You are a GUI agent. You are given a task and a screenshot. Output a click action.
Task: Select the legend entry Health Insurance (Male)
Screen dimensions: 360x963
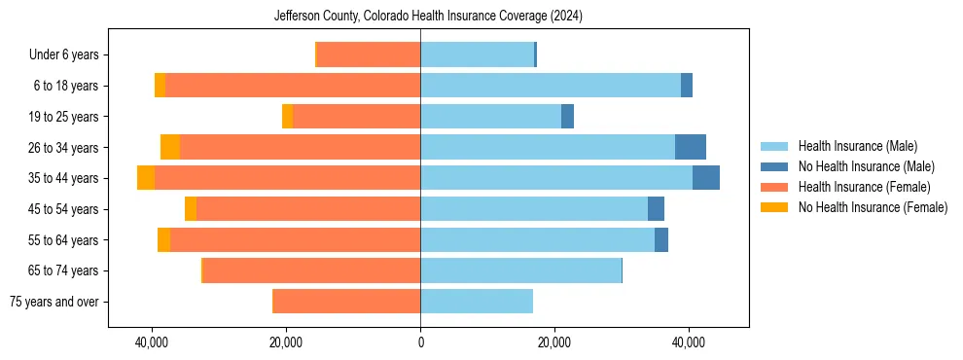(x=857, y=146)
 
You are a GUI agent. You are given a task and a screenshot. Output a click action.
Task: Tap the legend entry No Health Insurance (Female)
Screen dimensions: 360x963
(x=872, y=207)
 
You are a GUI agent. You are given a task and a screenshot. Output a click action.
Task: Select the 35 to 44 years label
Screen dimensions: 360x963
(x=63, y=178)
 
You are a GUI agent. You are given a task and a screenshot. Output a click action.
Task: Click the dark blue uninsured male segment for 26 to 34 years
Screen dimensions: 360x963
(x=691, y=147)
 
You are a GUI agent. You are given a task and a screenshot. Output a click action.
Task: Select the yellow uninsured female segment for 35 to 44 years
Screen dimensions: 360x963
(x=146, y=178)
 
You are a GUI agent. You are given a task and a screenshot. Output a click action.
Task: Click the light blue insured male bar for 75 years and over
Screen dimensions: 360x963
(x=477, y=302)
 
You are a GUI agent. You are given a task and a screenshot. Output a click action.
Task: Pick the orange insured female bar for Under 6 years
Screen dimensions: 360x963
(x=369, y=55)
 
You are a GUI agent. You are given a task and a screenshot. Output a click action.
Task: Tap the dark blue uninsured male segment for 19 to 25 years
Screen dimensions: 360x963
(x=568, y=117)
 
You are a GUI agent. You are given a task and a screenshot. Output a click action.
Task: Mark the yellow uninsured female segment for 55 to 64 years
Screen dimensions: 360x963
(x=163, y=239)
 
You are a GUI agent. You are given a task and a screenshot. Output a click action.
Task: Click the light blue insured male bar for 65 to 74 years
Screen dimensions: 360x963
(x=520, y=270)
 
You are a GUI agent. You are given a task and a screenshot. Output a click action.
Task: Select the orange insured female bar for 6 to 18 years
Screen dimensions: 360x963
(x=293, y=86)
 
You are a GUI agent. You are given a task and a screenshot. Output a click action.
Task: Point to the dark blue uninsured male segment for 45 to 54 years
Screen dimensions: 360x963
(x=657, y=209)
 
